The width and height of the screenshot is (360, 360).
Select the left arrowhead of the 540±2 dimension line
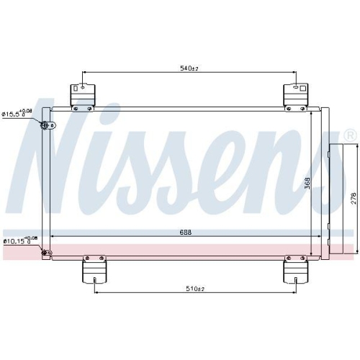coord(86,72)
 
